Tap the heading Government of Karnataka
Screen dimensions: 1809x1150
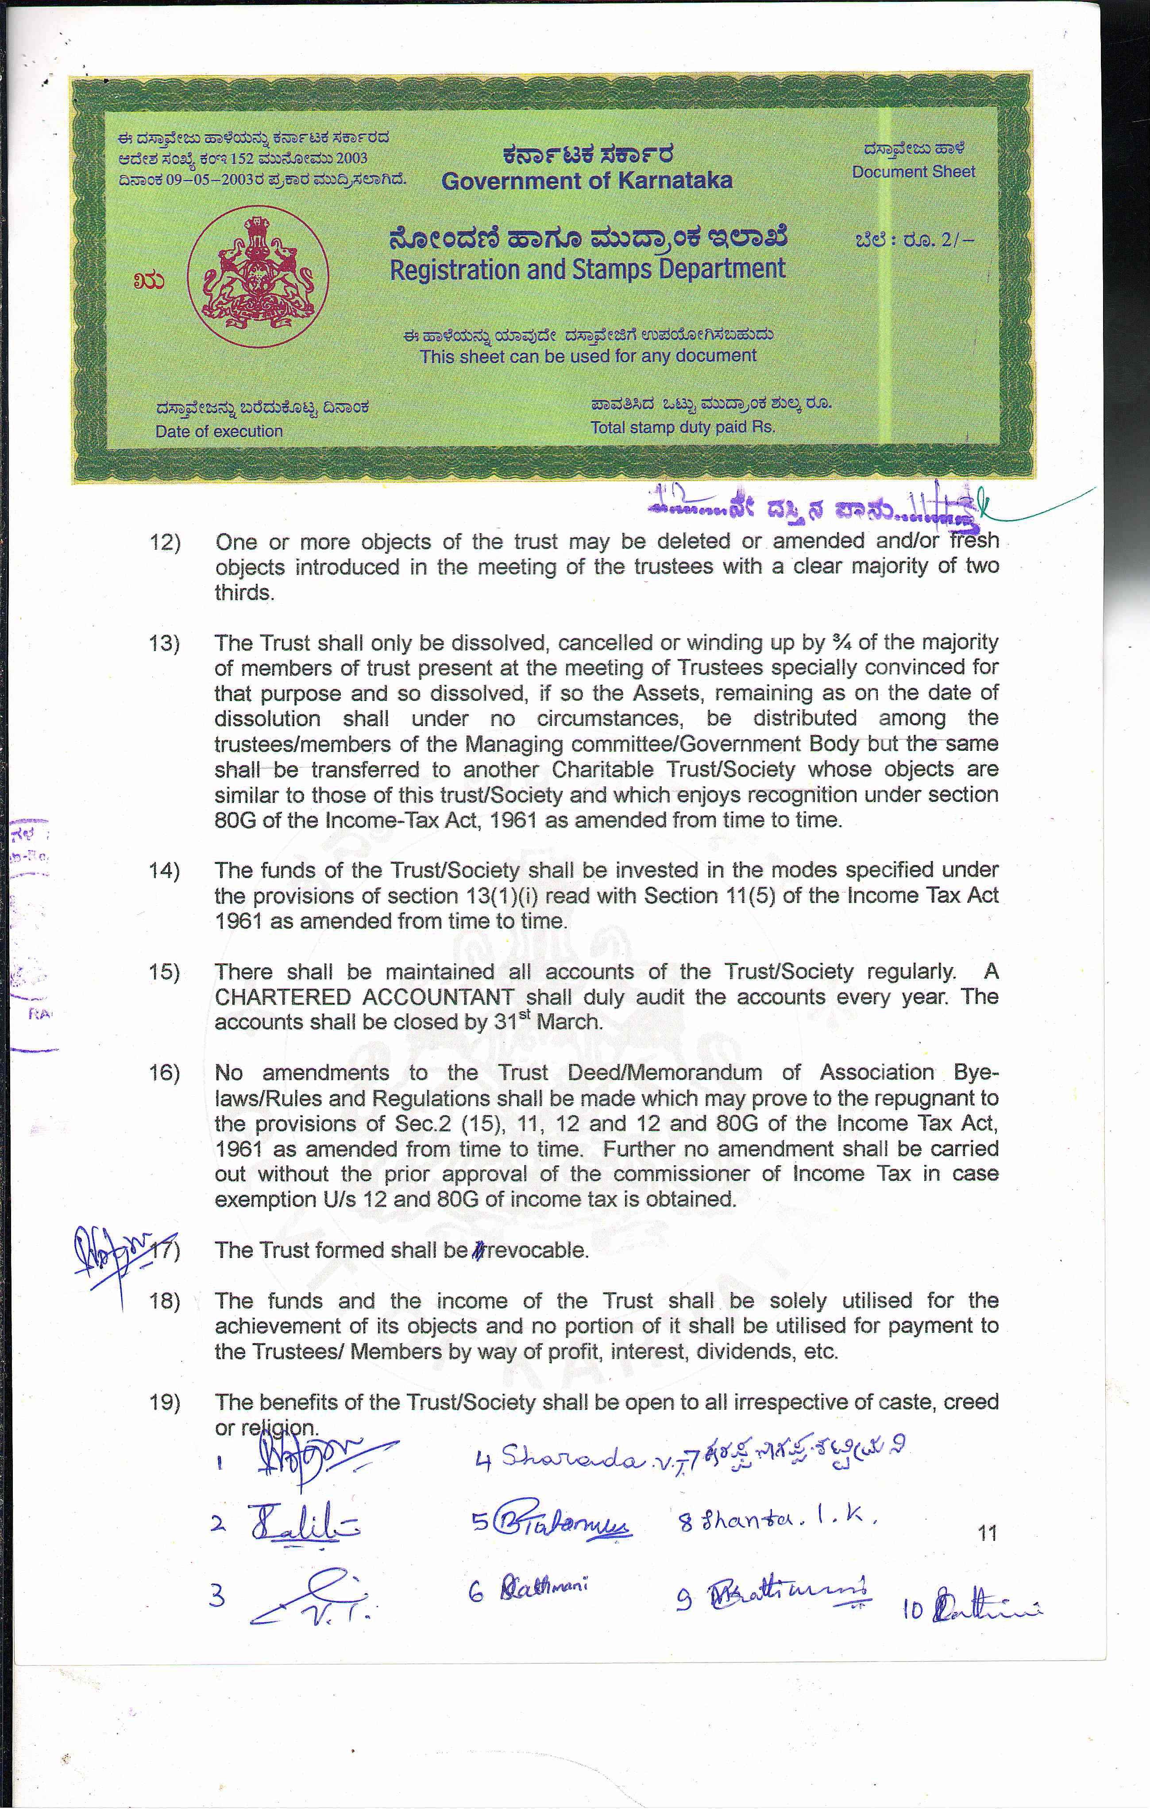point(587,181)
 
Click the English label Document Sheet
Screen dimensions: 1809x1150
point(913,172)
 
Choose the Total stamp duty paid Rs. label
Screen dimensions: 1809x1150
point(682,428)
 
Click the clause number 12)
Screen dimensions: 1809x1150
point(165,541)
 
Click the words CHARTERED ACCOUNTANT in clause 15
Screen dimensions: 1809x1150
point(364,997)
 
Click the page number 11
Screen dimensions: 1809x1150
point(988,1533)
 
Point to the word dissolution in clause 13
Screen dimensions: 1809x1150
point(267,719)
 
